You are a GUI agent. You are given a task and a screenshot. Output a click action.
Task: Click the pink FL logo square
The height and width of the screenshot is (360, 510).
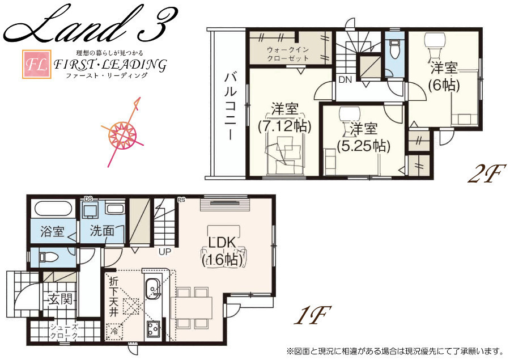pos(36,64)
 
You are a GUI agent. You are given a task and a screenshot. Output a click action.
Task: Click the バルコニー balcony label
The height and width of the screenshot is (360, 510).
pos(230,107)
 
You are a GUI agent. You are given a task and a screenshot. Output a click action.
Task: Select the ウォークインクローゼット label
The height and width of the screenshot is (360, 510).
pos(287,54)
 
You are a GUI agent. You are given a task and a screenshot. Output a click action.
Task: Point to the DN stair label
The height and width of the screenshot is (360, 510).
pos(345,79)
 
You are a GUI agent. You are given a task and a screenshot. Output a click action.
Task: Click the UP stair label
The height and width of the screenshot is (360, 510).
pos(165,251)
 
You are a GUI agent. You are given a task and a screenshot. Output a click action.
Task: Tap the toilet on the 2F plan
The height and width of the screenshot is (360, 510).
pos(394,48)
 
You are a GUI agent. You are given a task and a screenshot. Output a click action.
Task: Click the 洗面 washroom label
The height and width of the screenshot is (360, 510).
pos(102,231)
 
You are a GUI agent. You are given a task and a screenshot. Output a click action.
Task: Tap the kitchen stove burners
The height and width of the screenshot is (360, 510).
pos(152,329)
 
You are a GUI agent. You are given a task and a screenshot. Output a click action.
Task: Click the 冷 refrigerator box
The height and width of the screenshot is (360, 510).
pos(114,331)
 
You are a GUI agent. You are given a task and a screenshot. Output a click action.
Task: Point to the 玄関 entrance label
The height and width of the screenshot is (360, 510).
pos(61,299)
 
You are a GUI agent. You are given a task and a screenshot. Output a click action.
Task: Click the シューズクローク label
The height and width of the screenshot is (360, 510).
pos(64,332)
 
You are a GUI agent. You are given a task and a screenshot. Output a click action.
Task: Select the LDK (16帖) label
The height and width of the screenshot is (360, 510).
pos(223,251)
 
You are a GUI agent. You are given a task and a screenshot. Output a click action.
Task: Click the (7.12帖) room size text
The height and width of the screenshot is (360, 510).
pos(284,126)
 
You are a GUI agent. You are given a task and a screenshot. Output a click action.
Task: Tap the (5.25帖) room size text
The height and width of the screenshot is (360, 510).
pos(363,146)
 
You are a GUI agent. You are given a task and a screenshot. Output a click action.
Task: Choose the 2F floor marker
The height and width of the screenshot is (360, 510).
pos(487,173)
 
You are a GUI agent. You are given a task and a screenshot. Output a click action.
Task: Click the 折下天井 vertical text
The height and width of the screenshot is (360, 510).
pos(114,297)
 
